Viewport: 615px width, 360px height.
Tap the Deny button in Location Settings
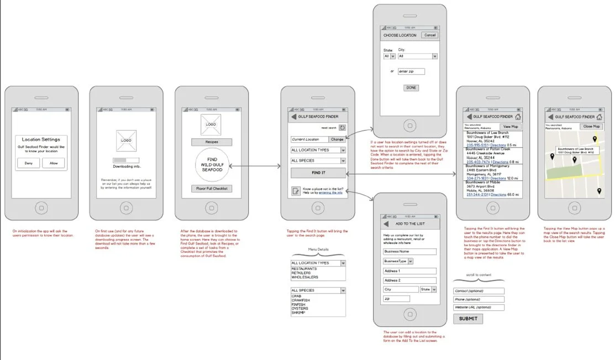[28, 163]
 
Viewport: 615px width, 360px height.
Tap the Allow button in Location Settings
[54, 163]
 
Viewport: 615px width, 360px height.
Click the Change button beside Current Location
[337, 139]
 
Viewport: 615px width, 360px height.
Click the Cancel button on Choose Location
[429, 35]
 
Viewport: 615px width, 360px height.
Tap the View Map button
[511, 127]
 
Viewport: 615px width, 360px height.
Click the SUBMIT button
[468, 319]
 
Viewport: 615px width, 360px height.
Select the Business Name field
[409, 252]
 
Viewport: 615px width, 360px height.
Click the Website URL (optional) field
[479, 307]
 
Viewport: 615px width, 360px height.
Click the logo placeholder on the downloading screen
[126, 141]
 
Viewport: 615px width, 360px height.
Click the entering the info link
[330, 192]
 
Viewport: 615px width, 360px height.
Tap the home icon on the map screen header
[599, 117]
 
